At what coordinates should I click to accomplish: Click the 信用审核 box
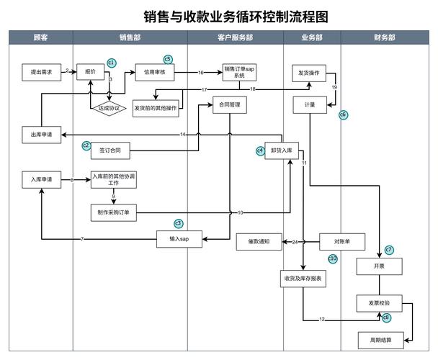pos(154,72)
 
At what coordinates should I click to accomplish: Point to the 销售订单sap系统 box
pos(240,71)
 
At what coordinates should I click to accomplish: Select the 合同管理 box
pos(230,105)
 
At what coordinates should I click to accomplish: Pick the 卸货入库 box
pos(282,150)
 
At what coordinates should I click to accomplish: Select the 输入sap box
pos(179,238)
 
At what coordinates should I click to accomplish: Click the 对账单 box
pos(342,242)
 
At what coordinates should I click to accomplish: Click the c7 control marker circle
pos(389,250)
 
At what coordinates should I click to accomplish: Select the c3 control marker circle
pos(179,223)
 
